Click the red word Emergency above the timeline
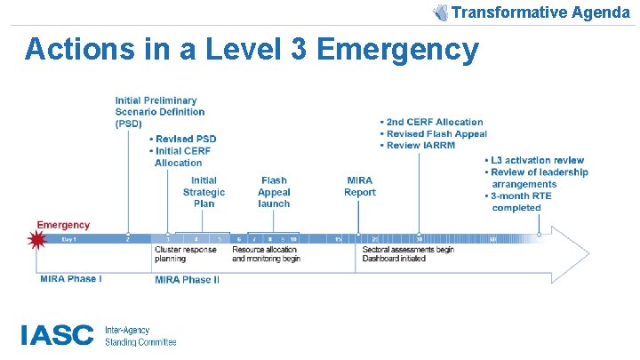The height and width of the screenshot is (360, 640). (63, 224)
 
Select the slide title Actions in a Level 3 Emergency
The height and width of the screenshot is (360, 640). (252, 50)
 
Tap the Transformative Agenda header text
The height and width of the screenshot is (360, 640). (540, 12)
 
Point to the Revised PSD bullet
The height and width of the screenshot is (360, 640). (185, 139)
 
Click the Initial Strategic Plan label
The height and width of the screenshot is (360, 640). (204, 192)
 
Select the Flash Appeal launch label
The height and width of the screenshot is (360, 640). (274, 192)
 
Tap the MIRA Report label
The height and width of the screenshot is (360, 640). (359, 187)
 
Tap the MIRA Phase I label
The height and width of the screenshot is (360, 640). (71, 279)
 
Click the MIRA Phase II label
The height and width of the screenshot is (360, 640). (187, 280)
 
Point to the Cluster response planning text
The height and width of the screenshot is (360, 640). (187, 254)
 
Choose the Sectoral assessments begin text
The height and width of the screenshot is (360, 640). (409, 250)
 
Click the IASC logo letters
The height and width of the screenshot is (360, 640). (57, 335)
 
